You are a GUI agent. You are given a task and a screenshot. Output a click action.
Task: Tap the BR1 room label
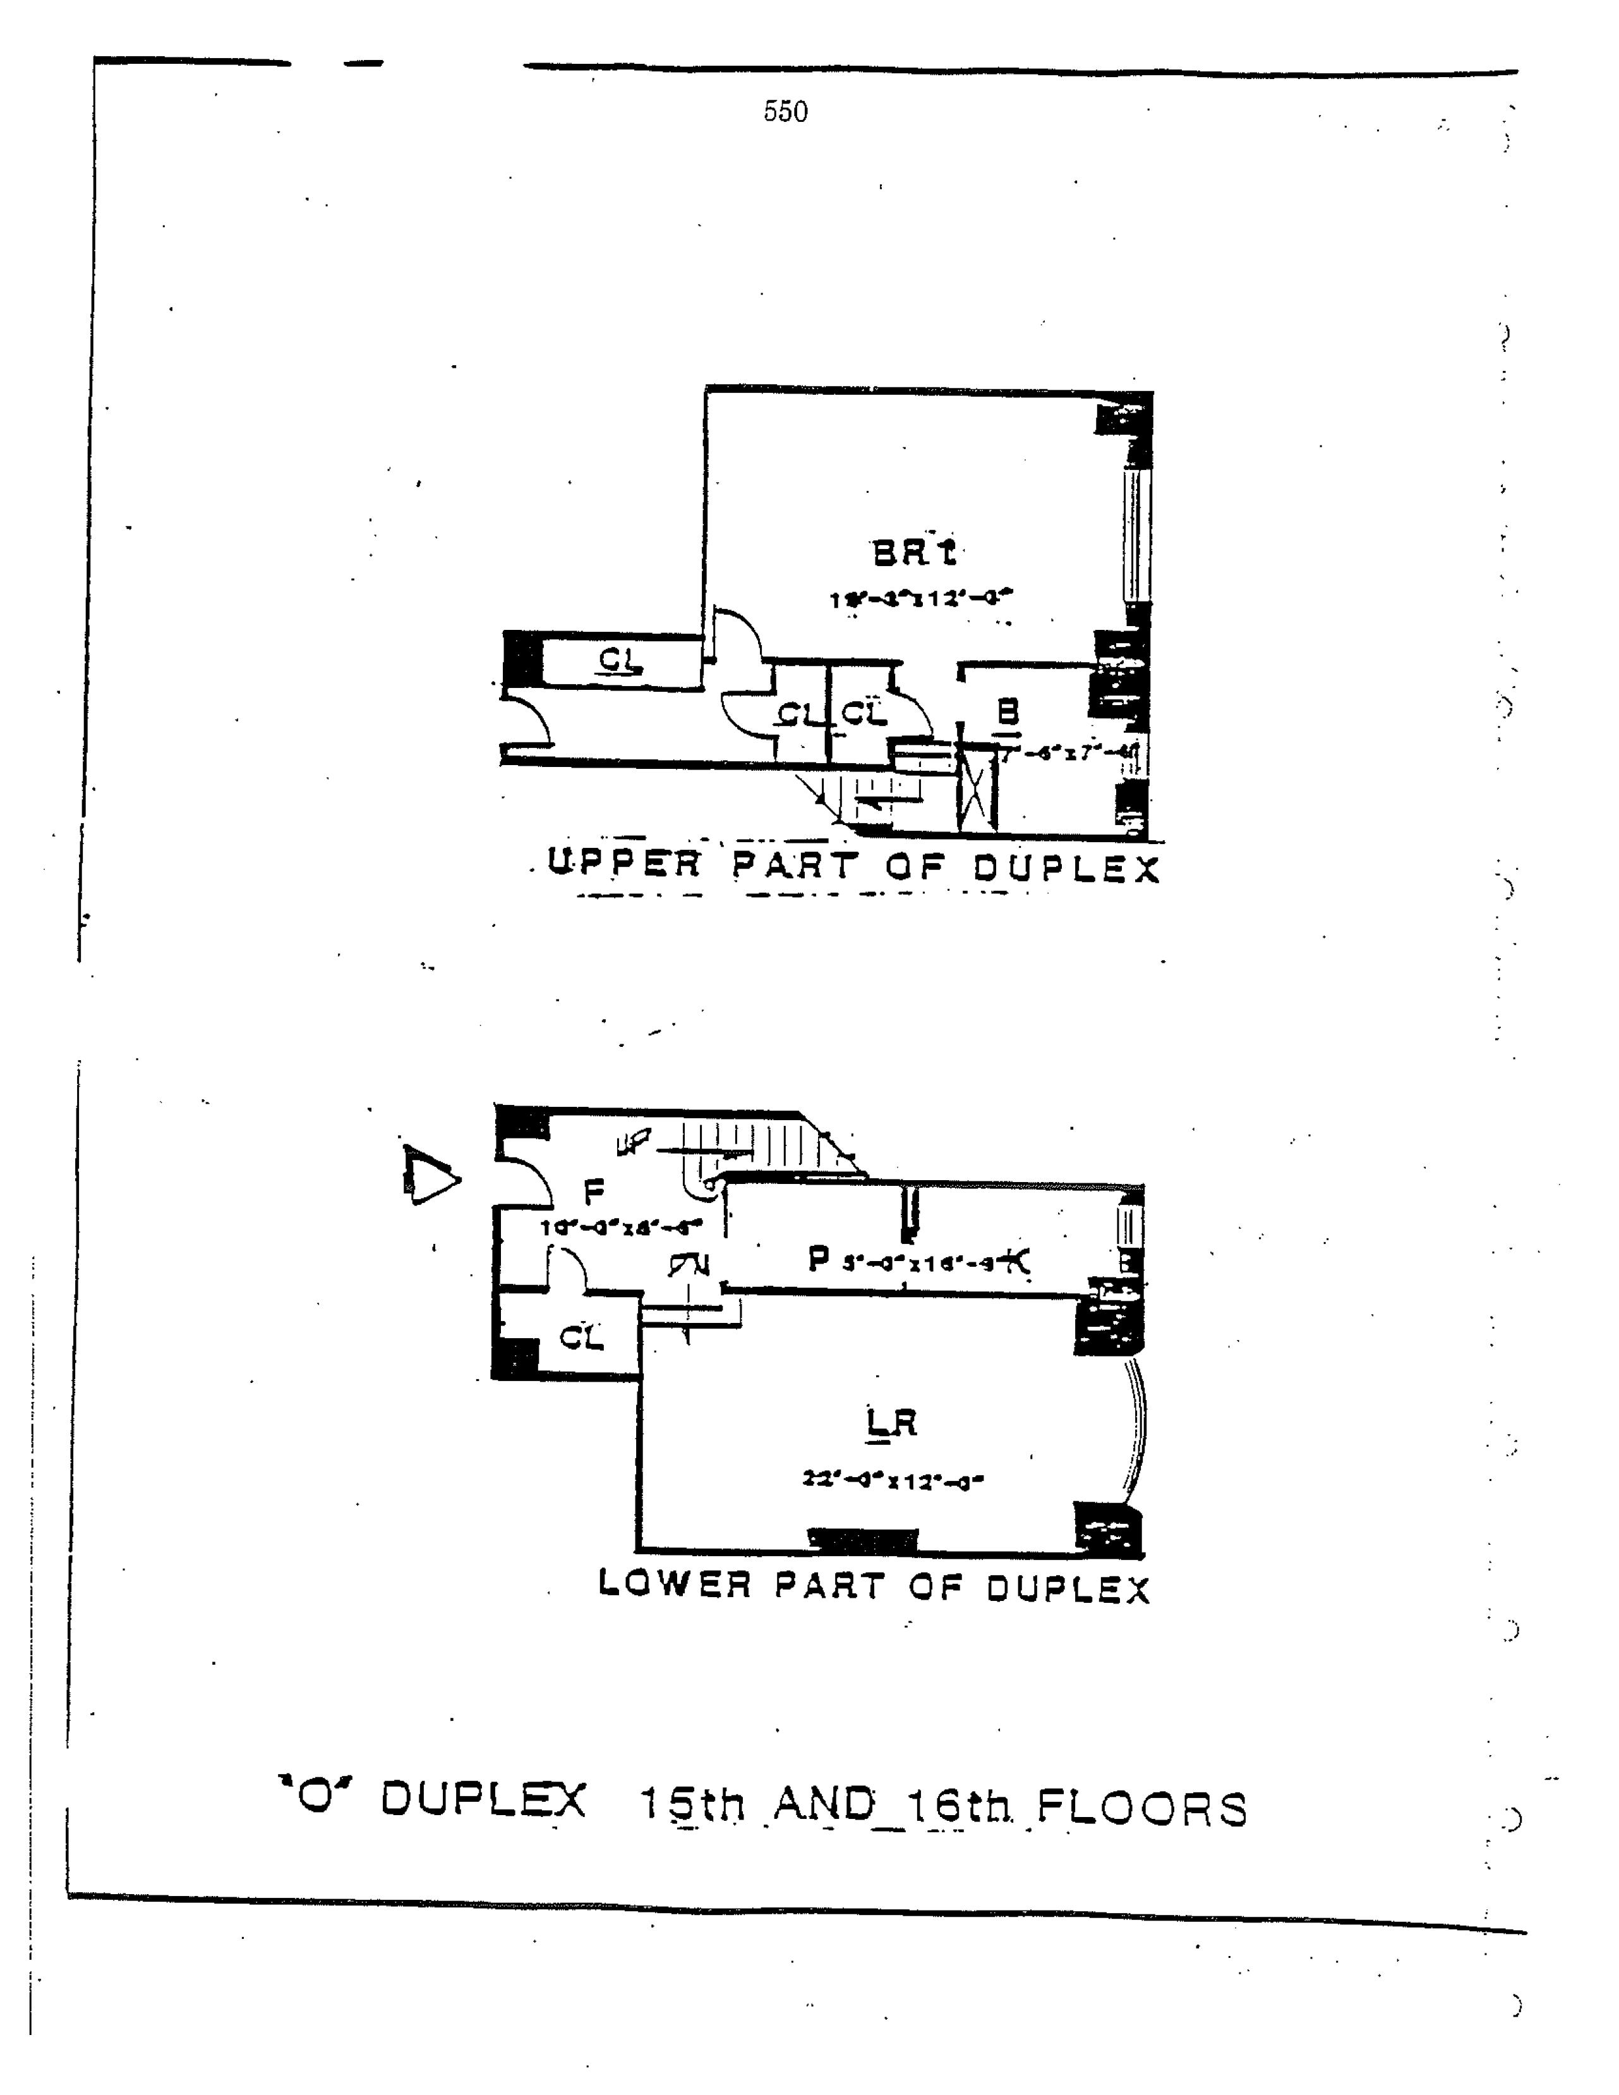[x=914, y=553]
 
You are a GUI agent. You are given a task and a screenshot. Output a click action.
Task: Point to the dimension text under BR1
[x=921, y=598]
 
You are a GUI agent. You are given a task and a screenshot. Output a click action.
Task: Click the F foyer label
[x=594, y=1192]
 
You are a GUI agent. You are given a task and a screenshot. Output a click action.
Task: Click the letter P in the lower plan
[x=818, y=1259]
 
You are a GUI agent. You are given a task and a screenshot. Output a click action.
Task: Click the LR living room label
[x=891, y=1423]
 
